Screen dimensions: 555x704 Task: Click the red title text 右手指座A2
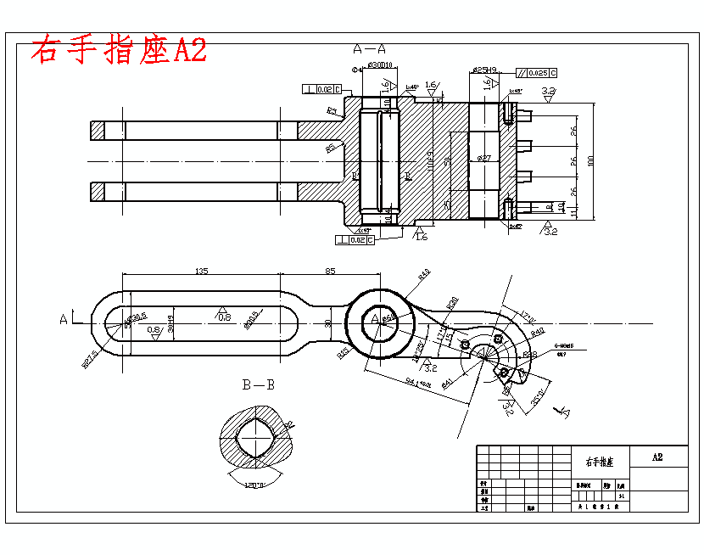119,50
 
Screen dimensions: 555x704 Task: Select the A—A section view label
370,48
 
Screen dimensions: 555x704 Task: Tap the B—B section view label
259,384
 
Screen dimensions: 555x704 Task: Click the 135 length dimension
202,272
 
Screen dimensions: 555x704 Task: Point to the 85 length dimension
330,272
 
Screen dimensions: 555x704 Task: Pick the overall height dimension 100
591,160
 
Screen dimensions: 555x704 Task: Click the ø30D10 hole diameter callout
378,64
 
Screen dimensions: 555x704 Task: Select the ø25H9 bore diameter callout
484,70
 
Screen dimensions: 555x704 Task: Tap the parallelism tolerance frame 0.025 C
538,74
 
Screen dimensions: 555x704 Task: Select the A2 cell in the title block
657,457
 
